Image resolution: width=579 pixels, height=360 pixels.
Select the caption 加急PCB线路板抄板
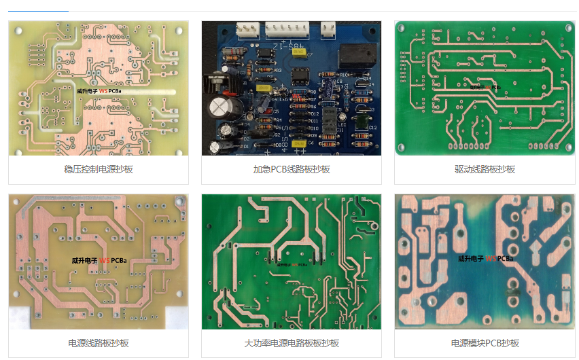[291, 169]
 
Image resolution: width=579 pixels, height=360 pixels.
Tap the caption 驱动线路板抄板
[485, 169]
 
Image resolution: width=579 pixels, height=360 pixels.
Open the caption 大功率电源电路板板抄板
[291, 343]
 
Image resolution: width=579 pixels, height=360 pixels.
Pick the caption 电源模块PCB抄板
[485, 343]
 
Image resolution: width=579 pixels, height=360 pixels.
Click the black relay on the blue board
[358, 56]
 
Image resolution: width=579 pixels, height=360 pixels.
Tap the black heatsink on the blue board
[217, 82]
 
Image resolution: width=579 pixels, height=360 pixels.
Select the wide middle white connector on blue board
[287, 29]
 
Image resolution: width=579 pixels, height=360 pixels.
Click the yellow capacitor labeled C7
[298, 53]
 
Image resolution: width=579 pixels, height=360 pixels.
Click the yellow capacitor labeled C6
[299, 143]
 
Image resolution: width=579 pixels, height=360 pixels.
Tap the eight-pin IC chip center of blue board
[300, 75]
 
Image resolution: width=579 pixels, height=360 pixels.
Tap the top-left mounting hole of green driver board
[401, 27]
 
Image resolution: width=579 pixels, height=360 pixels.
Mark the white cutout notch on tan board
[20, 319]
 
